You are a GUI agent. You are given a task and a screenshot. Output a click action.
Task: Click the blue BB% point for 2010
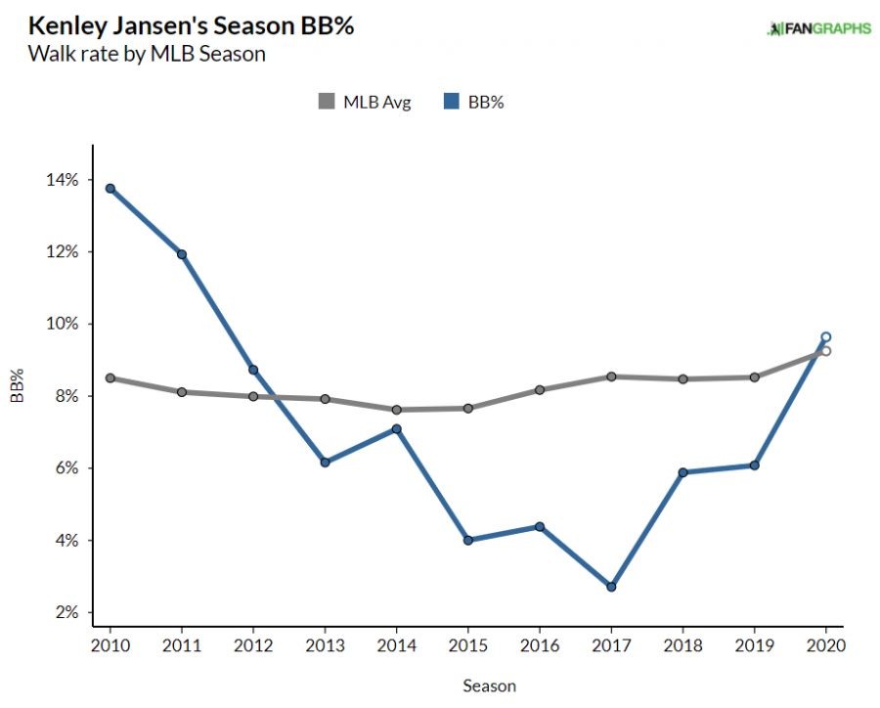pos(110,189)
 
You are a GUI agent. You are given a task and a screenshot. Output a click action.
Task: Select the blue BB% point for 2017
pos(611,587)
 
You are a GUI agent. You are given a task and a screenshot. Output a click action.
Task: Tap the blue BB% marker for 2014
pos(396,428)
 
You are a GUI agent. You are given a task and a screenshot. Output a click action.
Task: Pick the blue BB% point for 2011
pos(181,254)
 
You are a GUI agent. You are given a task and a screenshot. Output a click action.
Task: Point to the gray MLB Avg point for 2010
pos(110,377)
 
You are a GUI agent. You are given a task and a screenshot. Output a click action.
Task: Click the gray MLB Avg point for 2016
pos(539,389)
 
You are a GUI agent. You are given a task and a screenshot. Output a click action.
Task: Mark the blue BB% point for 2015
pos(467,540)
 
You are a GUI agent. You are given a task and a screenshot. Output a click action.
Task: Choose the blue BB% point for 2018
pos(682,472)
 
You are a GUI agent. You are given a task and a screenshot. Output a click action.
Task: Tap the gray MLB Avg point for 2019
pos(754,376)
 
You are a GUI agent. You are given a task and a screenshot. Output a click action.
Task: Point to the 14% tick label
pos(62,180)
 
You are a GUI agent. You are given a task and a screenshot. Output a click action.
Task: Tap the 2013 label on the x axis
pos(324,646)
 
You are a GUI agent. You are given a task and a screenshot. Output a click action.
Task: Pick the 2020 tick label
pos(825,646)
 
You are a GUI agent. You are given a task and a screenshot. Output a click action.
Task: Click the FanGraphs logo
pos(818,28)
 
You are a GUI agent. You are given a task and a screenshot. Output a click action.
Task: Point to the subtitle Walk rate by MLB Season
pos(147,53)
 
